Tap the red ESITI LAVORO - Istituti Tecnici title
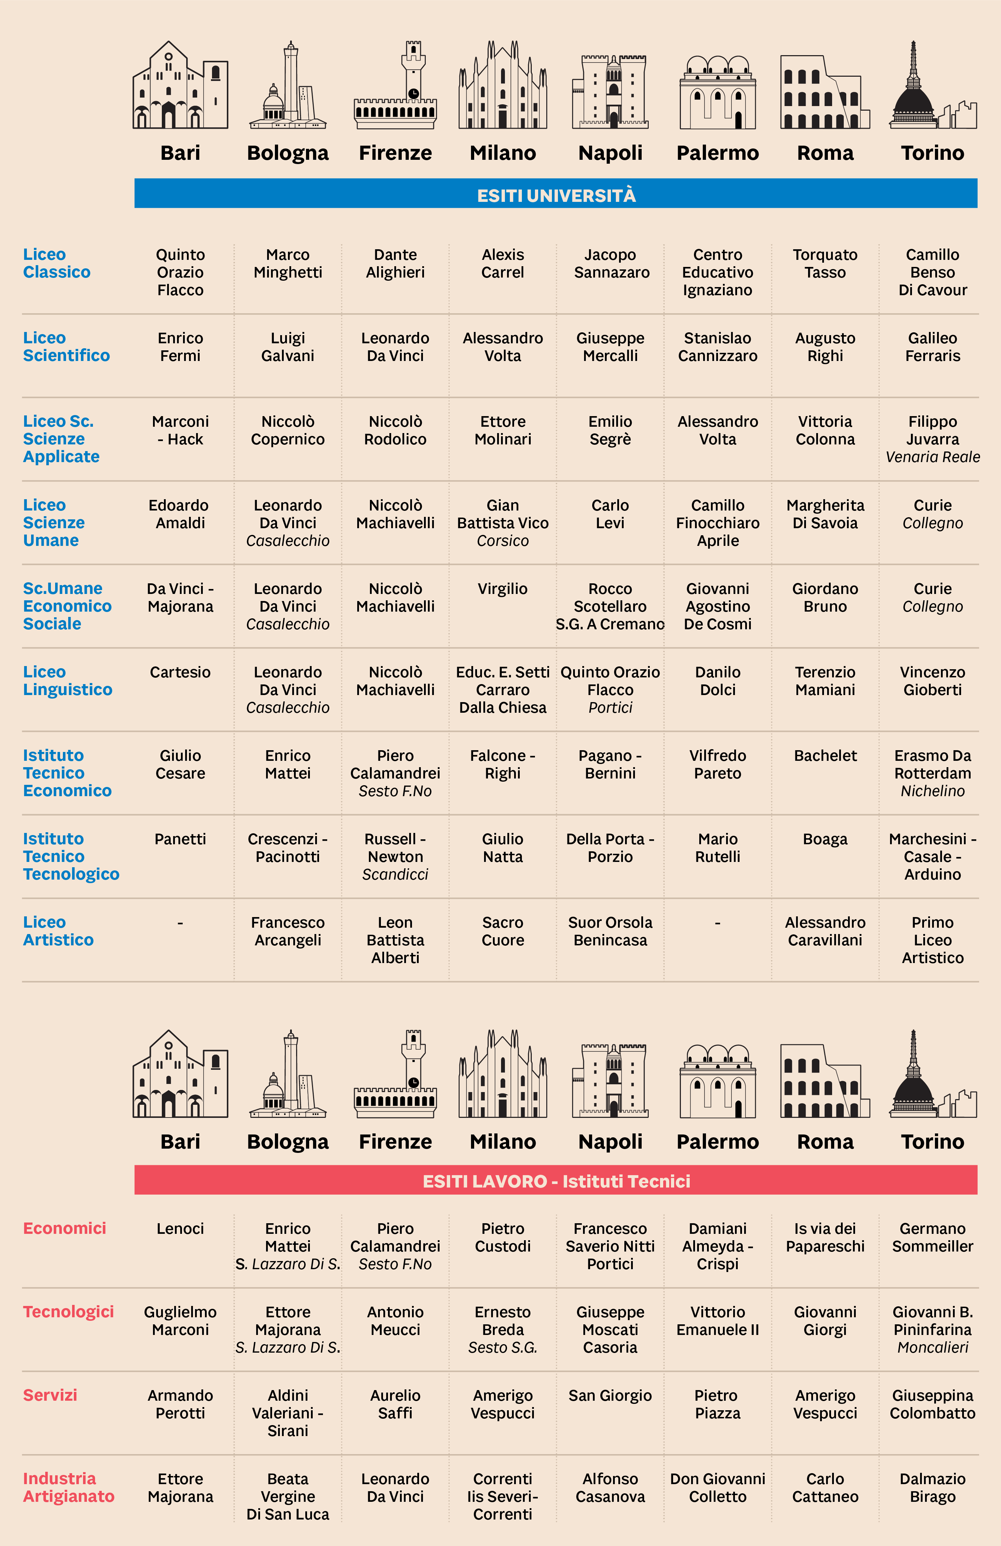(x=557, y=1180)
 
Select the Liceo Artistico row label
(x=58, y=931)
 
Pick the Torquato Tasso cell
(x=825, y=264)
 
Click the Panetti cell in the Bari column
(x=181, y=839)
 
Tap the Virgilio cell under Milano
(x=502, y=589)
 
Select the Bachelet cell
(x=825, y=756)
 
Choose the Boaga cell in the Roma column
(x=825, y=839)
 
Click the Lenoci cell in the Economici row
(x=181, y=1229)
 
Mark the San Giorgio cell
(x=610, y=1395)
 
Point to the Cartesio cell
(x=181, y=672)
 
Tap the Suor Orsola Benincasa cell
(x=610, y=931)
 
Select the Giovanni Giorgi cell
(x=825, y=1320)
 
